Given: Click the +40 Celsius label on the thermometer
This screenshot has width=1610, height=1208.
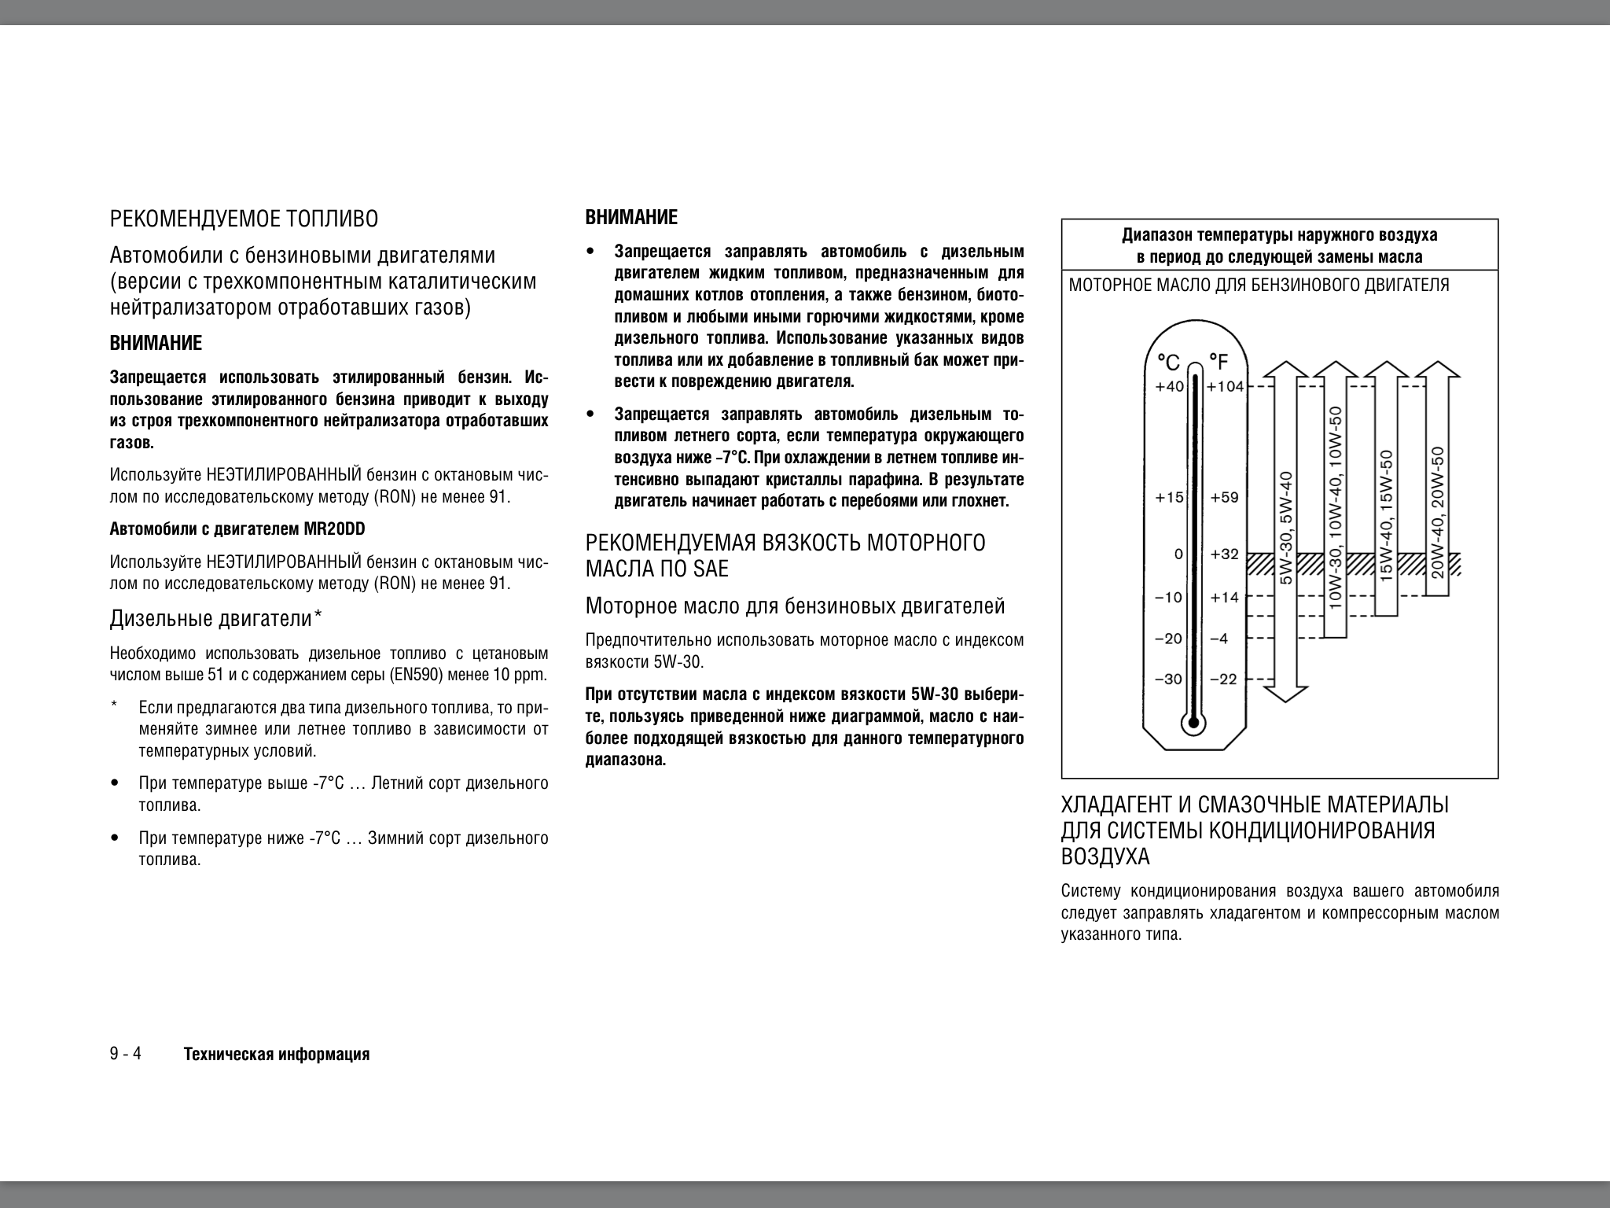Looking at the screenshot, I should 1169,386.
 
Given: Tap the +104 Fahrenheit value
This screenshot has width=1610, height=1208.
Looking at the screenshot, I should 1225,386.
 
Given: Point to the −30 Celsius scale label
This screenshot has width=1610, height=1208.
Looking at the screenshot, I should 1168,679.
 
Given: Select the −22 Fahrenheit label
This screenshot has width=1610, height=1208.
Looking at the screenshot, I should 1223,679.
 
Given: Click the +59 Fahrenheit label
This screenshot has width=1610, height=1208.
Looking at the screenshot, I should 1224,497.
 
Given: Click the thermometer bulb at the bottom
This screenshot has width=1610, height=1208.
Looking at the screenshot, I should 1193,722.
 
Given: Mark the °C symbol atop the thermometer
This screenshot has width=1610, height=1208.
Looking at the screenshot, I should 1168,363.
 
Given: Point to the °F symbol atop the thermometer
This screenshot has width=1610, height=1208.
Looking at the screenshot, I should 1218,362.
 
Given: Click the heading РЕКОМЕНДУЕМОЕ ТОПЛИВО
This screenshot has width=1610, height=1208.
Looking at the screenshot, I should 244,219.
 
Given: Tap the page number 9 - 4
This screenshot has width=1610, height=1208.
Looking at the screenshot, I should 126,1054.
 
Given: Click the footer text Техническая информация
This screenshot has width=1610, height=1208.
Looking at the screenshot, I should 276,1055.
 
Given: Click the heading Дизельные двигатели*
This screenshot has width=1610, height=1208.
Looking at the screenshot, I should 216,619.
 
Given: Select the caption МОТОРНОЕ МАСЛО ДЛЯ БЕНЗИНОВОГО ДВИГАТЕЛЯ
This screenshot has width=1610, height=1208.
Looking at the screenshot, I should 1259,285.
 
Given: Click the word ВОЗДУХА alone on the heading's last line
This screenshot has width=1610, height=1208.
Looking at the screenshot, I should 1105,856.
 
